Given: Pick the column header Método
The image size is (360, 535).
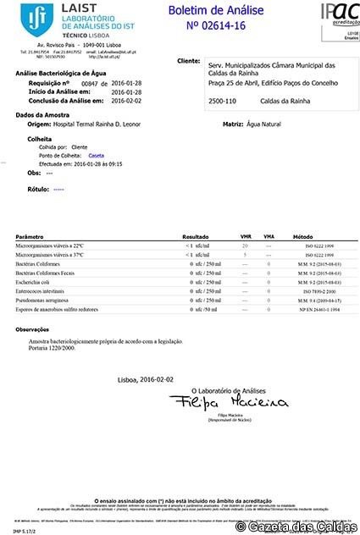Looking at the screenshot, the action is pyautogui.click(x=302, y=237).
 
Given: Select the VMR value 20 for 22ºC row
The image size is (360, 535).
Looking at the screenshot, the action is pyautogui.click(x=245, y=245).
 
